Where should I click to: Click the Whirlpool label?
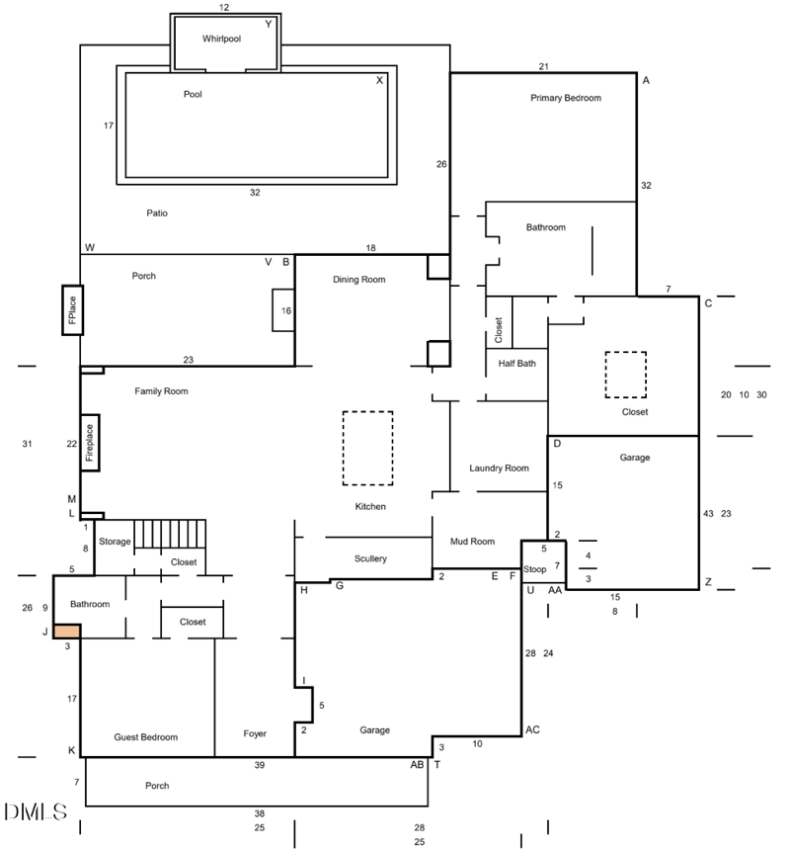(222, 39)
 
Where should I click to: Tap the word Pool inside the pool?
(194, 95)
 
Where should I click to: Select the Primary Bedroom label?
(565, 98)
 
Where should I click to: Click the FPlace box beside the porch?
(71, 309)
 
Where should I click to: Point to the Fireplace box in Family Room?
(89, 443)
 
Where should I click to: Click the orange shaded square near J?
(66, 631)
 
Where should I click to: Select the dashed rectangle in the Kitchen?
(367, 448)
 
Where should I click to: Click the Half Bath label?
(516, 364)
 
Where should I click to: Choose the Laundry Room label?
(499, 467)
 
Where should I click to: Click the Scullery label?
(370, 558)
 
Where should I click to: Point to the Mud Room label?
(472, 541)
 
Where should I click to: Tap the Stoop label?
(535, 568)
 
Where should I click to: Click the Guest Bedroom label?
(146, 737)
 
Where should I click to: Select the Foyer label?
(255, 733)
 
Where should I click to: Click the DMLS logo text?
(36, 812)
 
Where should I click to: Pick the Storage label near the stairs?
(115, 541)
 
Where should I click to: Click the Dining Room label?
(358, 280)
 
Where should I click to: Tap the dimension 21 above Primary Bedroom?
(543, 66)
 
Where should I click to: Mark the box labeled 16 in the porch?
(285, 310)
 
